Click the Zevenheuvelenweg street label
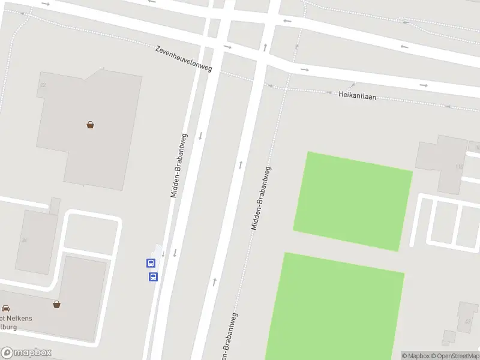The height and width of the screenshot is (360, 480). click(184, 58)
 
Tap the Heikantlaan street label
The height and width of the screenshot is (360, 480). click(357, 95)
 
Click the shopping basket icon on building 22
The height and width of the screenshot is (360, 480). click(90, 125)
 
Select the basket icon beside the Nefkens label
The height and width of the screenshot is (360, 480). click(56, 304)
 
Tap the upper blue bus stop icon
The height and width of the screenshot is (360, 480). click(151, 263)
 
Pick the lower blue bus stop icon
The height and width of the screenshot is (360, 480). click(153, 277)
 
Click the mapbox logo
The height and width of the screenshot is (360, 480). click(26, 352)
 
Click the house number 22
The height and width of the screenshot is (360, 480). click(42, 85)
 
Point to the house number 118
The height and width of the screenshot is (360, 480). click(460, 166)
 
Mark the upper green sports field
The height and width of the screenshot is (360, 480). click(352, 201)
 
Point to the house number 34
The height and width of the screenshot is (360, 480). click(25, 240)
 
